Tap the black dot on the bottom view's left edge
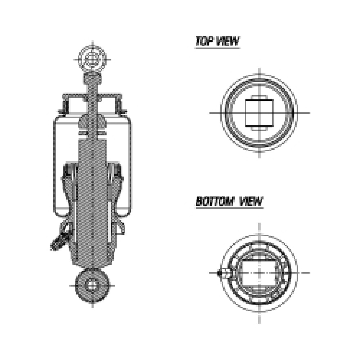220,273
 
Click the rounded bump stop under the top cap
93,121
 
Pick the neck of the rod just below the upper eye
93,77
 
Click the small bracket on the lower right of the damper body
121,227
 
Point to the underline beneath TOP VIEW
217,48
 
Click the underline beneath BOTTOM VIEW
229,208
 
